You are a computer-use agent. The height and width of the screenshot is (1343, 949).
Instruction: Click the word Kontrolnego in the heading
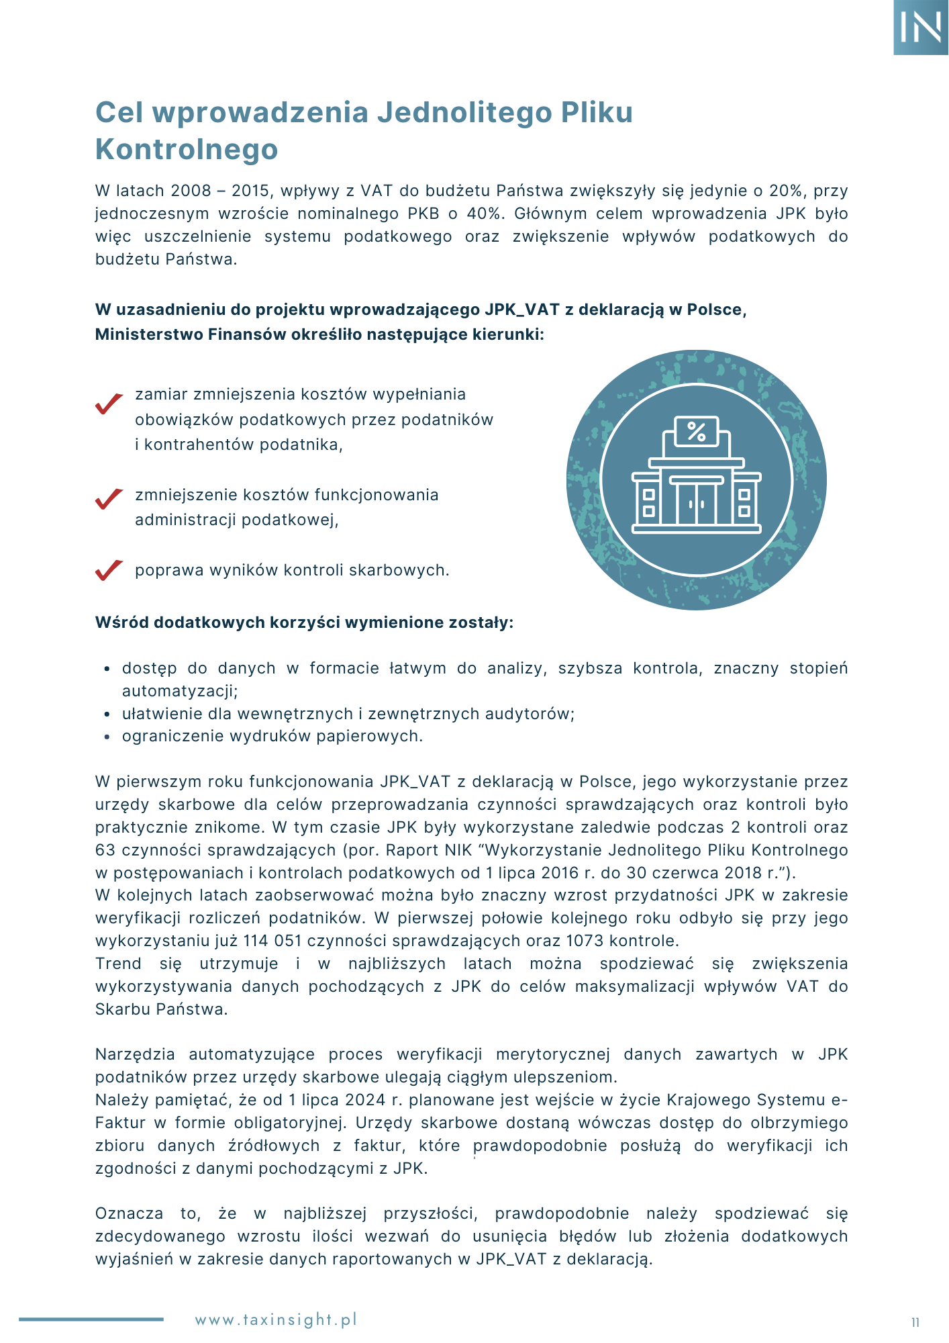[187, 149]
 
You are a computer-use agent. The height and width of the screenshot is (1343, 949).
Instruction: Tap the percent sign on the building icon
[697, 431]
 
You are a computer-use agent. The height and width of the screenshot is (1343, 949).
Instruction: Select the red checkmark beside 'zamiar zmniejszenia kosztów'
[109, 403]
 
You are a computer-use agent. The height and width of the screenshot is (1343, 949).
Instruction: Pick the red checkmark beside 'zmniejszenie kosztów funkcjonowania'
[109, 499]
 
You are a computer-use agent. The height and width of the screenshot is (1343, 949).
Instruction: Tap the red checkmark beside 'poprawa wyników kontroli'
[109, 570]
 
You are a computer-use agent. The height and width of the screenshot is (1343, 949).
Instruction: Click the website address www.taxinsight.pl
[276, 1319]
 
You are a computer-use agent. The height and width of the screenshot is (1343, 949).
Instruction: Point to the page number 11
[915, 1323]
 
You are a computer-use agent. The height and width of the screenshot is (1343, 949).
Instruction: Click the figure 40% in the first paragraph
[483, 214]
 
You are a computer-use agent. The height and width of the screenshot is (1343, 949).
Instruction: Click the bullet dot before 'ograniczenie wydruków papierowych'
[107, 737]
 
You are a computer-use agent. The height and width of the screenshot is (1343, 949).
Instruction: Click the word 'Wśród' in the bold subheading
[122, 622]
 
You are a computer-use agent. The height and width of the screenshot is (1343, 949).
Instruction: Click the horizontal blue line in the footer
[91, 1319]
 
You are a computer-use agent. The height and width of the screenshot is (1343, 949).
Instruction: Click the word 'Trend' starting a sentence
[118, 964]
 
